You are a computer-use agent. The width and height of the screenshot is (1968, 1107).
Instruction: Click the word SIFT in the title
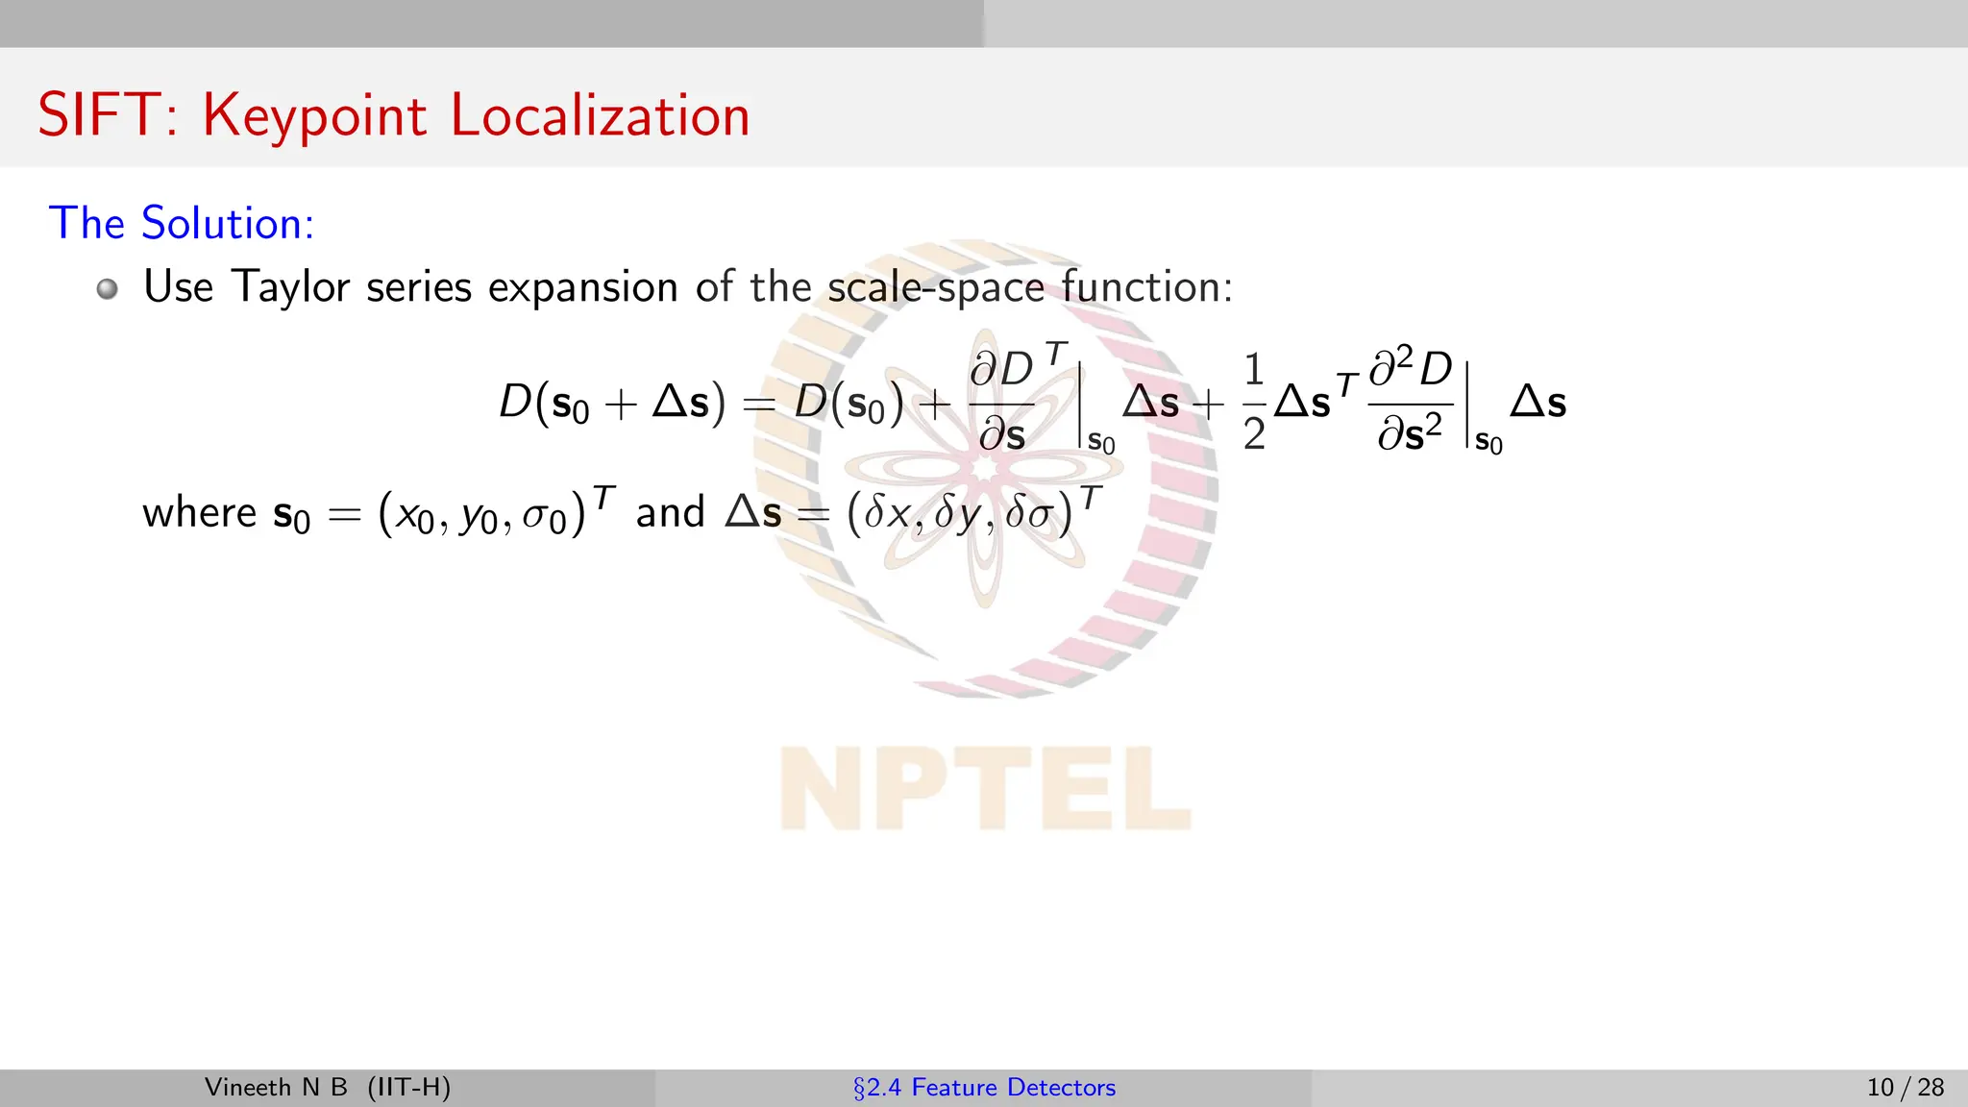pyautogui.click(x=98, y=116)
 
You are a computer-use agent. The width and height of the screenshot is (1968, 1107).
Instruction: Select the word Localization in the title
pyautogui.click(x=600, y=116)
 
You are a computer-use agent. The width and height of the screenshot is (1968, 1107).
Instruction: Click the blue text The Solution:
pyautogui.click(x=182, y=224)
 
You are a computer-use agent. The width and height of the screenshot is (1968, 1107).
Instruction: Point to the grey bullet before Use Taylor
pyautogui.click(x=108, y=288)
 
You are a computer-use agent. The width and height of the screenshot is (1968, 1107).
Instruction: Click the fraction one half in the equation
pyautogui.click(x=1254, y=403)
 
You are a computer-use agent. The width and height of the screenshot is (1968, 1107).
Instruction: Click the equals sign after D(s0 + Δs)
pyautogui.click(x=759, y=405)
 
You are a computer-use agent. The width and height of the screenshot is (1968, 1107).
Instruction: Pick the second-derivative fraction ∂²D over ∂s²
pyautogui.click(x=1411, y=401)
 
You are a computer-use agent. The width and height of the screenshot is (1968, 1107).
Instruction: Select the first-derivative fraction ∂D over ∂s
pyautogui.click(x=1002, y=401)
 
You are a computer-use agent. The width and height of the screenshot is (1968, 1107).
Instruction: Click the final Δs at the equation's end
pyautogui.click(x=1537, y=402)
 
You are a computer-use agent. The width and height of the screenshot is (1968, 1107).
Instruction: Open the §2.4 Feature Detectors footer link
pyautogui.click(x=984, y=1088)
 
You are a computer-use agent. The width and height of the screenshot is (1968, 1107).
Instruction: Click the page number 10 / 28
pyautogui.click(x=1905, y=1088)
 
